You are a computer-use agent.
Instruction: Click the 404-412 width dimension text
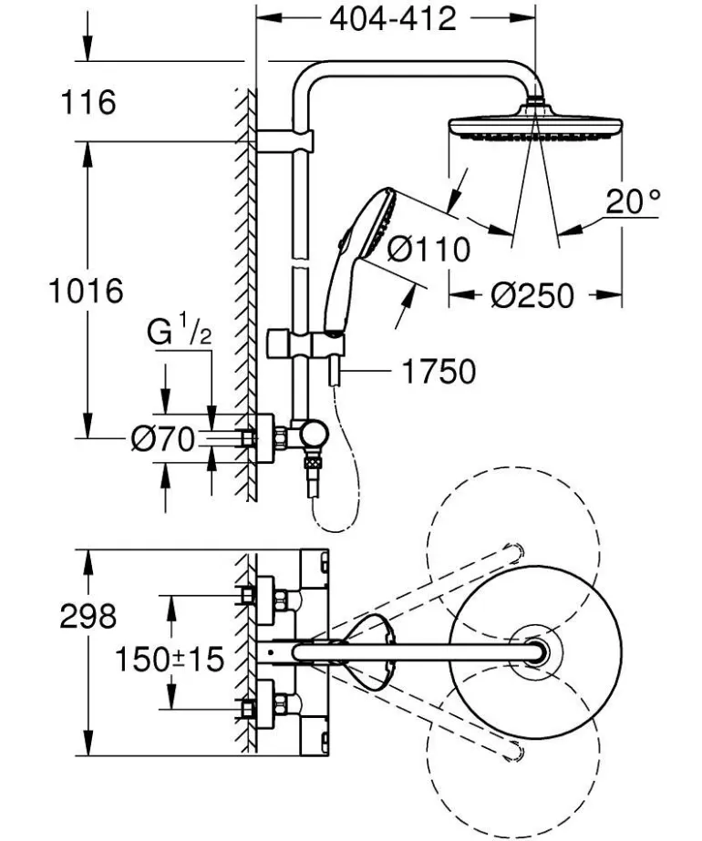[393, 17]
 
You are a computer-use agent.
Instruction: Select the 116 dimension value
[88, 102]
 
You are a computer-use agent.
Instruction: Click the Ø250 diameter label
[532, 294]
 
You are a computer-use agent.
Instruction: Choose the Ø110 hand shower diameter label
[428, 248]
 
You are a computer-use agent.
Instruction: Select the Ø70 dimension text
[162, 440]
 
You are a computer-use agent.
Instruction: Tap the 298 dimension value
[88, 616]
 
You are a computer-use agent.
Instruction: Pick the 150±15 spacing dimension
[170, 658]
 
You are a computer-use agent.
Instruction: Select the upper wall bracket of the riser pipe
[285, 141]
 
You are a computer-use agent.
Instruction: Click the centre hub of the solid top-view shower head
[535, 651]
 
